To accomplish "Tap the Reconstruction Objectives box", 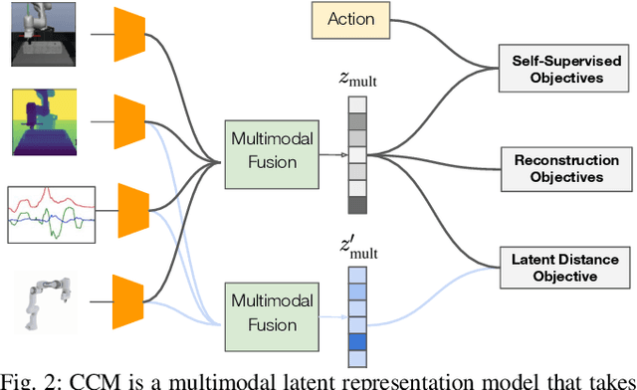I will coord(566,168).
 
